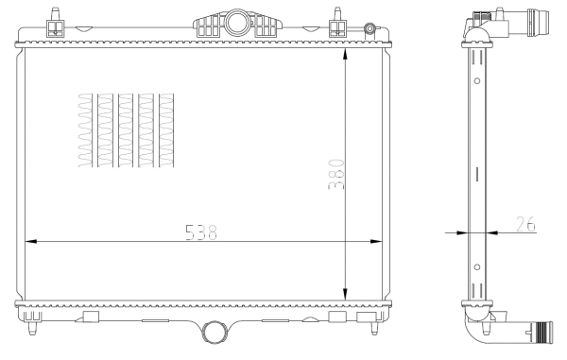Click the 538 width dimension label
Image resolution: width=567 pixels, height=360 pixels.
tap(199, 231)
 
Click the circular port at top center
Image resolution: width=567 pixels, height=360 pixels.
tap(235, 22)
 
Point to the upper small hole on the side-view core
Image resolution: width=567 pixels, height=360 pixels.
tap(477, 80)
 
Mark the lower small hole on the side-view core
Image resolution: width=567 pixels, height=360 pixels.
tap(477, 275)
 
